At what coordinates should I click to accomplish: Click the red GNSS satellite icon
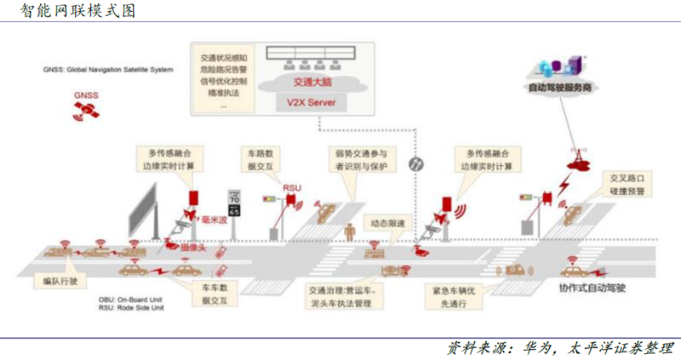tap(84, 107)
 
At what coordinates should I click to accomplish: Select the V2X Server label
tap(312, 103)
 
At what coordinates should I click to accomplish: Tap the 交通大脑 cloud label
tap(312, 83)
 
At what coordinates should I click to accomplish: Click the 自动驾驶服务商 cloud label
tap(559, 87)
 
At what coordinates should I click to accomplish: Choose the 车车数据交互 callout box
tap(214, 293)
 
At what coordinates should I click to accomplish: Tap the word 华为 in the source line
tap(533, 347)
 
